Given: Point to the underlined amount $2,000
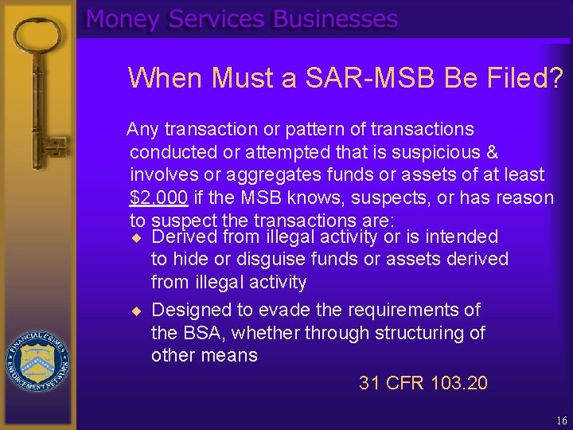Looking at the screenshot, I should pos(158,197).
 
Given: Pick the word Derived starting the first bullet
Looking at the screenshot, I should pos(184,236).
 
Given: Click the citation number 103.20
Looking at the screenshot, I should pos(458,383).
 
